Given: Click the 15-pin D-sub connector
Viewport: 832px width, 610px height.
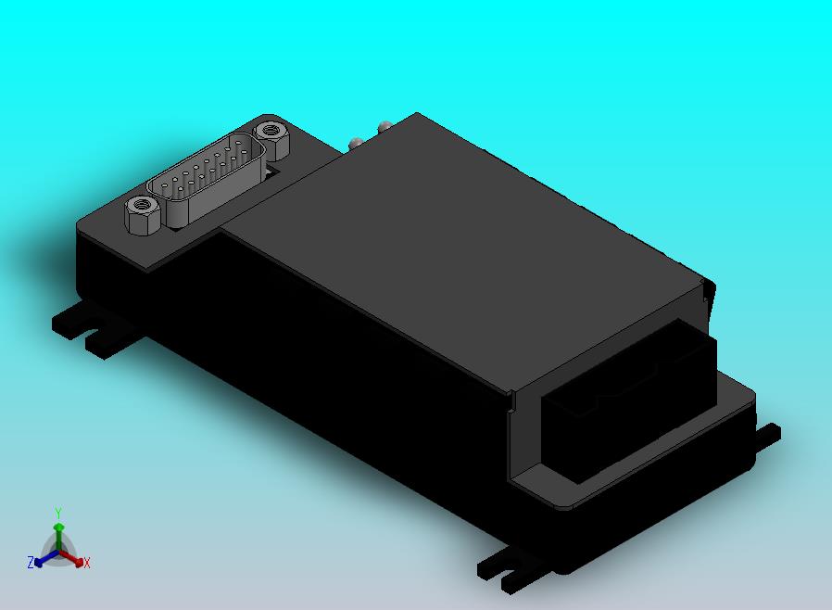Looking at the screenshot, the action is point(207,180).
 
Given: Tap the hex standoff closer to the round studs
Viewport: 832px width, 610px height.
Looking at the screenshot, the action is point(271,139).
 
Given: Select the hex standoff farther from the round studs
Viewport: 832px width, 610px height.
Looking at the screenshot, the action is point(142,214).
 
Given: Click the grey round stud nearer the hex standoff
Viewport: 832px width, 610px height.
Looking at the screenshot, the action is point(356,144).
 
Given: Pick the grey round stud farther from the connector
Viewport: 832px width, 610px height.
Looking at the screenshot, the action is point(384,126).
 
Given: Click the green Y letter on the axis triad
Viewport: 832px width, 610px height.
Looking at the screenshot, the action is point(58,513).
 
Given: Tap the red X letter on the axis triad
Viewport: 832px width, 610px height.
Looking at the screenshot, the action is point(87,563).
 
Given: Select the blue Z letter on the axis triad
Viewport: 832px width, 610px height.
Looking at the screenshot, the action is point(31,562).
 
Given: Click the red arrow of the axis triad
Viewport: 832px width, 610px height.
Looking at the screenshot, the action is point(72,558).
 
